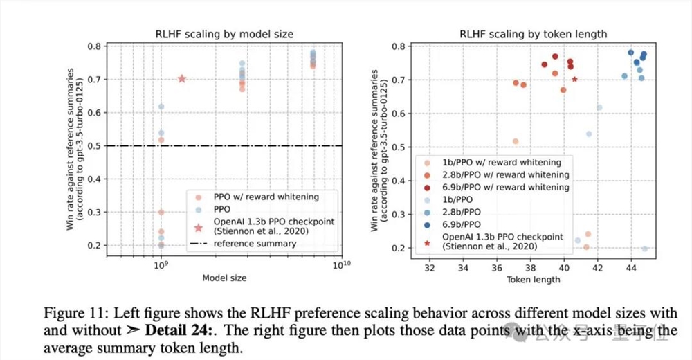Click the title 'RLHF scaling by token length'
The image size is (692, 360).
tap(533, 33)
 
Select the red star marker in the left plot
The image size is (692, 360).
tap(182, 79)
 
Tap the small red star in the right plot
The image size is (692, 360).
tap(574, 79)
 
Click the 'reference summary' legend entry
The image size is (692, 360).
tap(255, 243)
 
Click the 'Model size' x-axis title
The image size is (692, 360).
tap(224, 278)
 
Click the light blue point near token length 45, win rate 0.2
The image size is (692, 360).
tap(644, 249)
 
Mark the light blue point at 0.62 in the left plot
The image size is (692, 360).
tap(161, 107)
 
